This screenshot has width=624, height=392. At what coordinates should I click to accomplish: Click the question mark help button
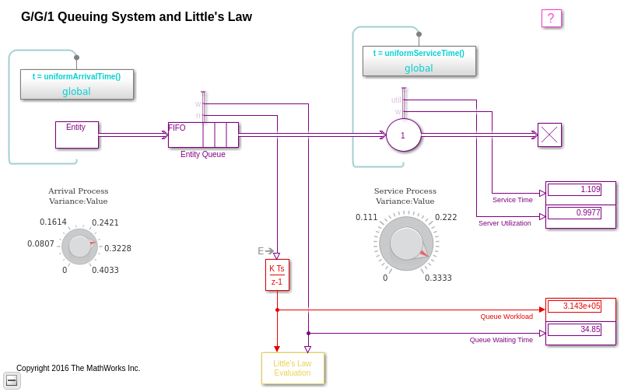tap(551, 19)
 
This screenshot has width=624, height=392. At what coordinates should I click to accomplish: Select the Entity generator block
tap(76, 135)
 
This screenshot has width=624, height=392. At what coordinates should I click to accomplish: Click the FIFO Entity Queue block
tap(203, 135)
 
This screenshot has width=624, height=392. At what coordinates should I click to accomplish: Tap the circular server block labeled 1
tap(403, 135)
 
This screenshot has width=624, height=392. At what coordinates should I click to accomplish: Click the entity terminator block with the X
tap(549, 135)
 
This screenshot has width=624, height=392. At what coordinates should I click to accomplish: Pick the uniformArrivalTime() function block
tap(77, 84)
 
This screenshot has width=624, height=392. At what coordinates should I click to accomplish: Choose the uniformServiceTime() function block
tap(419, 61)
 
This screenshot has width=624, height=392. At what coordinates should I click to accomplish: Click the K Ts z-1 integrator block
tap(277, 275)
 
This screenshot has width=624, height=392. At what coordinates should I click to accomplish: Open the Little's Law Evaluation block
tap(293, 368)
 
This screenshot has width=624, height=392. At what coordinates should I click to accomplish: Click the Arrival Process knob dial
tap(79, 247)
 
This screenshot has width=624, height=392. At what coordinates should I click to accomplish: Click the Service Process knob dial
tap(406, 243)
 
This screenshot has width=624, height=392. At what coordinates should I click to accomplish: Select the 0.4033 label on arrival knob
tap(105, 270)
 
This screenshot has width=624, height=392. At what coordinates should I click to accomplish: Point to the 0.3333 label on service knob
tap(438, 278)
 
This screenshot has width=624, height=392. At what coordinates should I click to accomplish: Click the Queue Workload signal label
tap(507, 317)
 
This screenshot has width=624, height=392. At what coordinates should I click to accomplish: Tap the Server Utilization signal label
tap(504, 223)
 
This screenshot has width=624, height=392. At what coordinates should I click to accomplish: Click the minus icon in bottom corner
tap(12, 380)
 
